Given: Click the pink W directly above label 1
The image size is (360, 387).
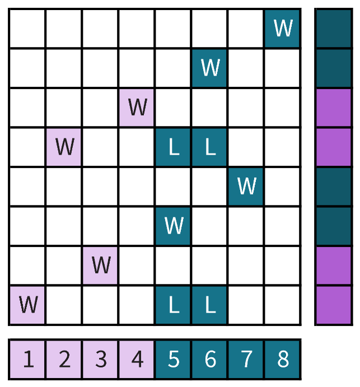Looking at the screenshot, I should pos(28,305).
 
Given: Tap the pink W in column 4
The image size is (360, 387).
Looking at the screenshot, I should pos(137,106).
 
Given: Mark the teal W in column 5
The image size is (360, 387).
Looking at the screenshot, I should pos(174,226).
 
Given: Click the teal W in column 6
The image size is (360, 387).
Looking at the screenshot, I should pos(209,67).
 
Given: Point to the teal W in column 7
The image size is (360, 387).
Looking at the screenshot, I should pos(246,185).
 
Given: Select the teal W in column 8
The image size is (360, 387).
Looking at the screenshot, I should pos(283,27).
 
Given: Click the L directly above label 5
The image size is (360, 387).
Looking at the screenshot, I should pos(174,305).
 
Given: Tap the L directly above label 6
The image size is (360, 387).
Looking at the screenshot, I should pos(209,305).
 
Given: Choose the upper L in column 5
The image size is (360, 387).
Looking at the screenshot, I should pos(174,147).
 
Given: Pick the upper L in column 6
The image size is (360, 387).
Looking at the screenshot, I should pos(209,147).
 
